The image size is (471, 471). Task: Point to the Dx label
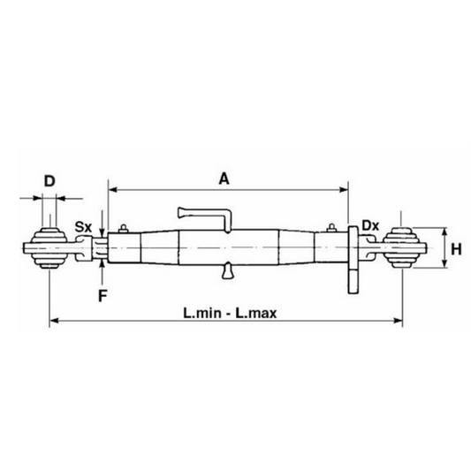[x=371, y=226]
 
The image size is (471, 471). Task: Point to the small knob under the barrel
[x=228, y=275]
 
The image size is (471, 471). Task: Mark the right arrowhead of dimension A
[x=346, y=188]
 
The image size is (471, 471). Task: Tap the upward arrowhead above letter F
[x=103, y=262]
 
